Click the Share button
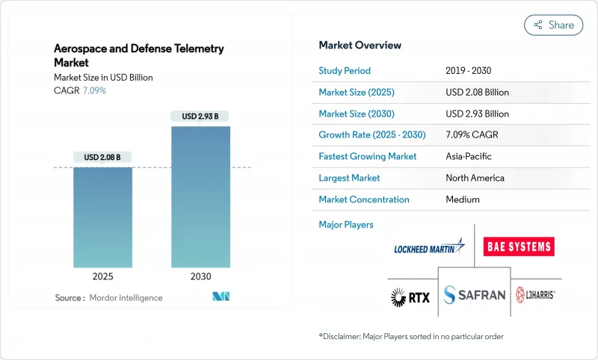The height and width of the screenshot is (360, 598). click(x=553, y=25)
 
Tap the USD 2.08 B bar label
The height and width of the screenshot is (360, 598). click(x=102, y=157)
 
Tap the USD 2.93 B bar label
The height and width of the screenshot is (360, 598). click(x=200, y=116)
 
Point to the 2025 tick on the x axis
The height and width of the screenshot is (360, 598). click(x=102, y=276)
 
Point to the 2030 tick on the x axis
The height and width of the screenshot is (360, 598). click(x=200, y=276)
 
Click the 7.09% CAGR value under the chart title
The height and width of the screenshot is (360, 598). click(x=93, y=90)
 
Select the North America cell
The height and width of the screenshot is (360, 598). click(x=475, y=178)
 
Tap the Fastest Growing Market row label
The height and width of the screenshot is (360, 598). click(x=368, y=157)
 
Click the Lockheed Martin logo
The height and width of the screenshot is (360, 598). click(x=429, y=247)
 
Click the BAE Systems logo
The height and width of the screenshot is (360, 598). click(x=519, y=246)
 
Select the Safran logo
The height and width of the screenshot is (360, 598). click(x=474, y=295)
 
